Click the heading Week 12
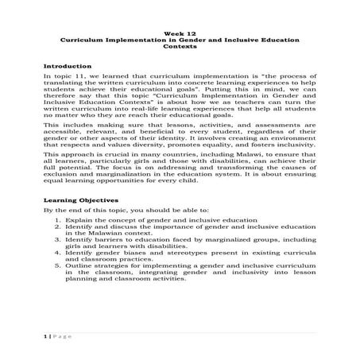pos(180,33)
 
